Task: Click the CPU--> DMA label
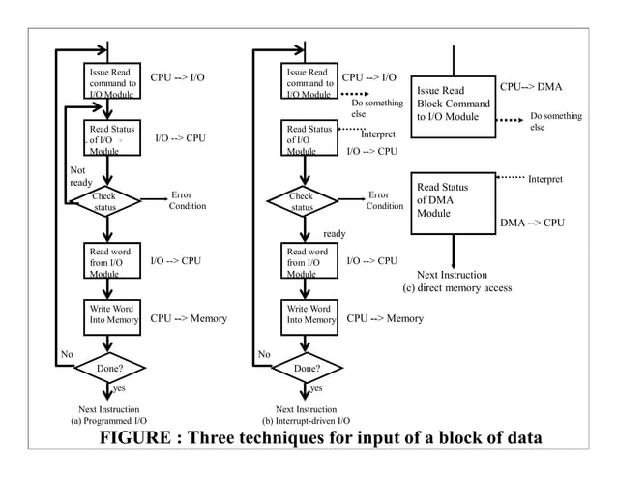click(530, 87)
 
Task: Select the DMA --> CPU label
click(531, 223)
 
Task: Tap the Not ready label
click(81, 175)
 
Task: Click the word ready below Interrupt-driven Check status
click(334, 233)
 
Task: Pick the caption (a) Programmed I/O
click(108, 422)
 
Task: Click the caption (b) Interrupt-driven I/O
click(306, 422)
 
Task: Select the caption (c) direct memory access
click(456, 288)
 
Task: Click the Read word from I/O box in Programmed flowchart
click(112, 261)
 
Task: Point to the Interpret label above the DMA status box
click(544, 179)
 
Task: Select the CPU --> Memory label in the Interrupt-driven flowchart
click(384, 317)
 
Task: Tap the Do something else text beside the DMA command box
click(556, 121)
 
